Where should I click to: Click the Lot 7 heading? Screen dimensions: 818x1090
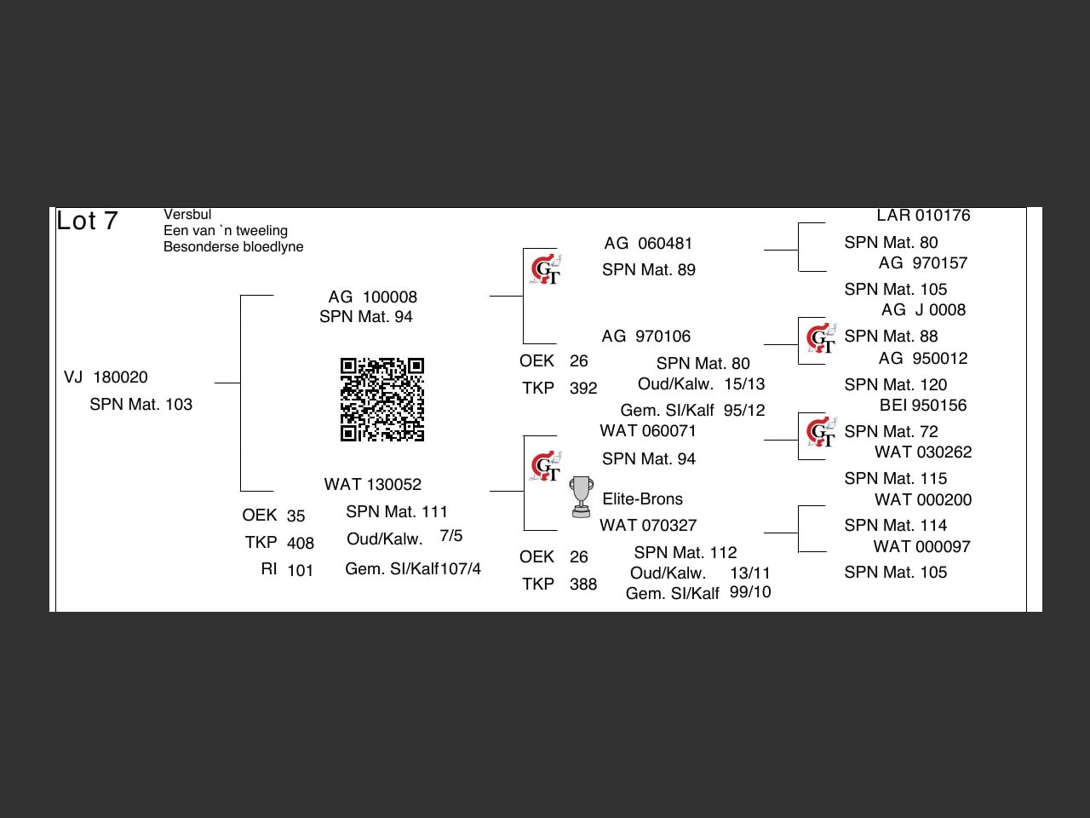click(87, 221)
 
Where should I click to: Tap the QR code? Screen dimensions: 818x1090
click(382, 400)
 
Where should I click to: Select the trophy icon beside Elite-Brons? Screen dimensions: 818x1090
click(581, 497)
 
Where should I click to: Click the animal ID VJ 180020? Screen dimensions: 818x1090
click(106, 377)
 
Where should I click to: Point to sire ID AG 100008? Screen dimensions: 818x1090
click(373, 297)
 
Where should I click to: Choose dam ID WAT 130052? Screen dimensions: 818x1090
click(373, 484)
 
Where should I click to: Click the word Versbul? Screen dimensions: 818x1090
click(187, 215)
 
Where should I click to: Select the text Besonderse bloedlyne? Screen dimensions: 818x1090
click(233, 246)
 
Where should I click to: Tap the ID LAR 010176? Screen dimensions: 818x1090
click(923, 216)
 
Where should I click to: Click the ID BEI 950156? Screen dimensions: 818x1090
click(923, 406)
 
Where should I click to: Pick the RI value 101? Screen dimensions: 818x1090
click(300, 570)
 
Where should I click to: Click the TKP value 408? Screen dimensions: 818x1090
click(300, 543)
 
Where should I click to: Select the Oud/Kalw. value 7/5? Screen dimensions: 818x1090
click(451, 536)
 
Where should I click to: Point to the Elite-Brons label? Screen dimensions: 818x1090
click(642, 498)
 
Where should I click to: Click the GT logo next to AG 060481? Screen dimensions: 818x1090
click(545, 270)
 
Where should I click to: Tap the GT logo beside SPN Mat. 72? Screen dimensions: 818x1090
click(821, 432)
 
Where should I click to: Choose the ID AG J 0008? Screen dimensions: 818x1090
click(923, 310)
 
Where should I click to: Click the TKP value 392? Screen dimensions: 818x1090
click(583, 389)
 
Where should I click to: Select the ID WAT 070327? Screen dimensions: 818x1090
click(648, 525)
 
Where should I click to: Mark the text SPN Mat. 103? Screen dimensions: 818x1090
click(141, 404)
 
